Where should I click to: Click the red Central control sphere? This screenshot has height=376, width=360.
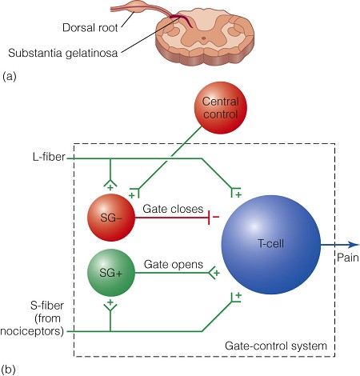[220, 107]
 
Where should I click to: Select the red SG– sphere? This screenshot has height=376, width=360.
[111, 218]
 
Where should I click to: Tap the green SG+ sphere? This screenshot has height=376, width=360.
[111, 273]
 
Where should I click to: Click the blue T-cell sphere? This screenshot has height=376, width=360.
[271, 245]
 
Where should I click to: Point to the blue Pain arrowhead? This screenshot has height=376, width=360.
[354, 245]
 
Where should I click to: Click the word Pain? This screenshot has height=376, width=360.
[348, 258]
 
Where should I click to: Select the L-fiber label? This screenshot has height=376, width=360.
[49, 157]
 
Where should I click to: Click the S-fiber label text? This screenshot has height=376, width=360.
[47, 306]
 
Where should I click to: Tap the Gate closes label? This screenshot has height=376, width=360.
[173, 209]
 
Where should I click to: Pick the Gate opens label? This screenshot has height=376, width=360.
[174, 265]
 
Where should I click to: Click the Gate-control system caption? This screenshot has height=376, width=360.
[276, 346]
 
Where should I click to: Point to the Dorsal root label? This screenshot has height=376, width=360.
[90, 28]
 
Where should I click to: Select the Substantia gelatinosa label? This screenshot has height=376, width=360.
[62, 53]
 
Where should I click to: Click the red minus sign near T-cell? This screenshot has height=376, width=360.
[216, 217]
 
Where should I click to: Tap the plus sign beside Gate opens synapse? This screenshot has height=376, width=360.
[217, 273]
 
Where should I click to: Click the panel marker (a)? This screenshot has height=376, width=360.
[10, 77]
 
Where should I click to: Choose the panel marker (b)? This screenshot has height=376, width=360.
[8, 370]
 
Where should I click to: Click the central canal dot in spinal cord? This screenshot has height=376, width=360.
[203, 38]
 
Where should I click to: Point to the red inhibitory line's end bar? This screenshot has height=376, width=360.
[210, 218]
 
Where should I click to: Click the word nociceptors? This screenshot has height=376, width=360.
[32, 331]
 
